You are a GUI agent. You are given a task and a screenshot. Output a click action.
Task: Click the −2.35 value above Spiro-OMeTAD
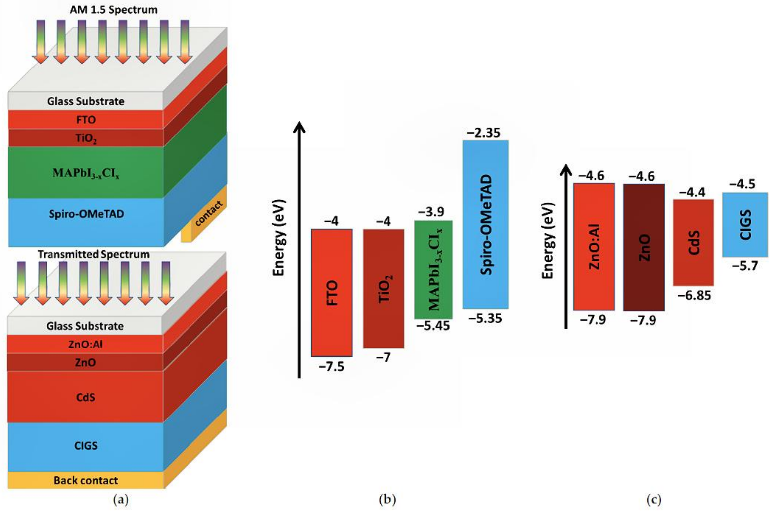coord(484,133)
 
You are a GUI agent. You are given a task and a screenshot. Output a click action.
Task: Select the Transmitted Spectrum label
coord(94,254)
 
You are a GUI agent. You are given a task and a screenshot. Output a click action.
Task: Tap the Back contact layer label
coord(85,480)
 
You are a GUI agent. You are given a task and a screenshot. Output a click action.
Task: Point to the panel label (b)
coord(387,499)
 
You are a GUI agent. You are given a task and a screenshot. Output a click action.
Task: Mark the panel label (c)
coord(654,499)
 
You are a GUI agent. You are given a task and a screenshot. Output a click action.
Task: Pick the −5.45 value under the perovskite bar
coord(433,326)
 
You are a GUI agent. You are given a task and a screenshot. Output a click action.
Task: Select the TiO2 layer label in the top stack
coord(86,138)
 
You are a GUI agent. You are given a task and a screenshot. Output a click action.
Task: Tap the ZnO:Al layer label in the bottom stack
coord(85,344)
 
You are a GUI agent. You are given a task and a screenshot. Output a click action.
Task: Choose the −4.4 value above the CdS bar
coord(692,192)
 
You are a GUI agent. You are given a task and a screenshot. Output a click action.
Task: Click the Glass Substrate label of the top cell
coord(86,101)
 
